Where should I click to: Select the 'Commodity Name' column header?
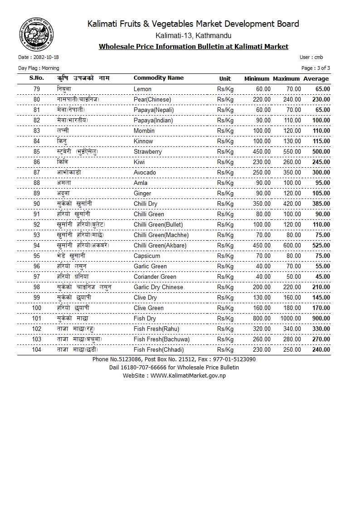pos(158,78)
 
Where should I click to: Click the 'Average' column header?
pos(316,78)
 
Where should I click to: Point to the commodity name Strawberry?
pos(147,151)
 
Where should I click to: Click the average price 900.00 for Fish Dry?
pos(321,318)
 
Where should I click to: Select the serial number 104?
pos(36,349)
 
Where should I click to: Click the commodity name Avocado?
pos(145,172)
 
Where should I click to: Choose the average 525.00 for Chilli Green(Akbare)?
pos(321,245)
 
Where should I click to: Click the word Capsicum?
pos(147,256)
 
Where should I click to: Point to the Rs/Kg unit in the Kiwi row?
pos(225,162)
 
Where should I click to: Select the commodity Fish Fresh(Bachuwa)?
pos(161,339)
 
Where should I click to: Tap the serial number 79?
pos(37,89)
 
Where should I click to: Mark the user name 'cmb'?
pos(319,57)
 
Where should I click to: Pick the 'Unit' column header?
pos(225,78)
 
